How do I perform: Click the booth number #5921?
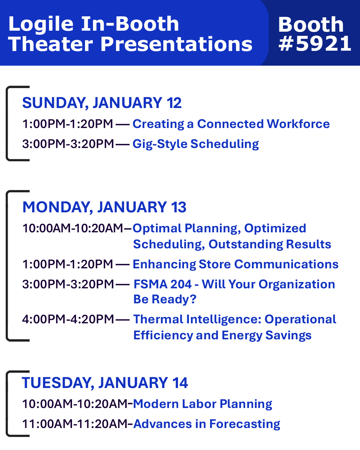315,43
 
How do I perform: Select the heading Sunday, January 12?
102,103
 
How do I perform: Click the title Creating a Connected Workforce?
231,124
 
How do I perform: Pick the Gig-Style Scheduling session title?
196,144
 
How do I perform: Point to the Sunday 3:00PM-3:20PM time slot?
68,144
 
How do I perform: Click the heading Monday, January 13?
104,207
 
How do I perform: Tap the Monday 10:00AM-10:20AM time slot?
73,228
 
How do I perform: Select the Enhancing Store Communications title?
236,264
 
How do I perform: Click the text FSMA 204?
163,284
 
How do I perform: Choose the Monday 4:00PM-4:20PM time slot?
68,319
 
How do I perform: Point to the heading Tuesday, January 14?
105,383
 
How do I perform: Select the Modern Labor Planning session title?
202,404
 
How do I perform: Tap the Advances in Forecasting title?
207,424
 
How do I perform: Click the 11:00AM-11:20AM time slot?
77,424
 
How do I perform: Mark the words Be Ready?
165,299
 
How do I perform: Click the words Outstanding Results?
270,244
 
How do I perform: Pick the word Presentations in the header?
177,44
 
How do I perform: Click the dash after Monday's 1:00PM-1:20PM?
123,265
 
